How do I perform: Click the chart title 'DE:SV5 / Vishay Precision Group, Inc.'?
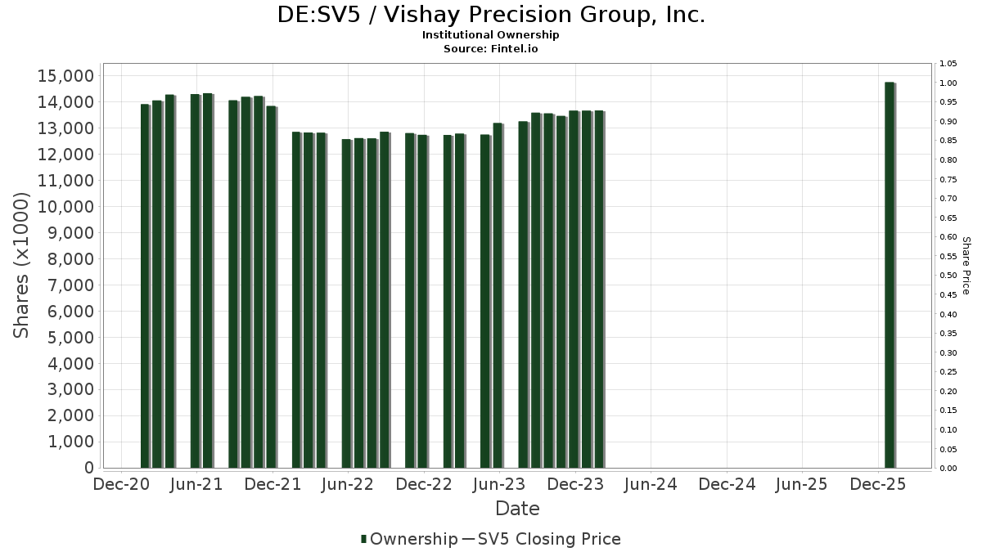click(x=491, y=15)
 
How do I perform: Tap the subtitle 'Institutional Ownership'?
click(x=491, y=35)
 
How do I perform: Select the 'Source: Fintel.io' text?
click(x=491, y=48)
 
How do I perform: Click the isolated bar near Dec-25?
click(x=890, y=275)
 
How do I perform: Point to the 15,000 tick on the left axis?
click(x=66, y=76)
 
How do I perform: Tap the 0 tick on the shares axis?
click(x=88, y=468)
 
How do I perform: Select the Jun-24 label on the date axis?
click(x=651, y=484)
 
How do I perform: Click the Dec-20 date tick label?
click(x=121, y=484)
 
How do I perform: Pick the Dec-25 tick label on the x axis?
click(x=877, y=484)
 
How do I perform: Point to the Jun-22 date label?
click(x=348, y=484)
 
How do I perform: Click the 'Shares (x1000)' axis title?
click(x=22, y=265)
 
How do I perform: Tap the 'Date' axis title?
click(x=517, y=509)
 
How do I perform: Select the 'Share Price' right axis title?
click(x=966, y=265)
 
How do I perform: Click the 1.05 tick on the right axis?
click(x=948, y=64)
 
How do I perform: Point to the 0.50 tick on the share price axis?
click(x=948, y=276)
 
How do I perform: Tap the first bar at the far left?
click(x=145, y=286)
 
